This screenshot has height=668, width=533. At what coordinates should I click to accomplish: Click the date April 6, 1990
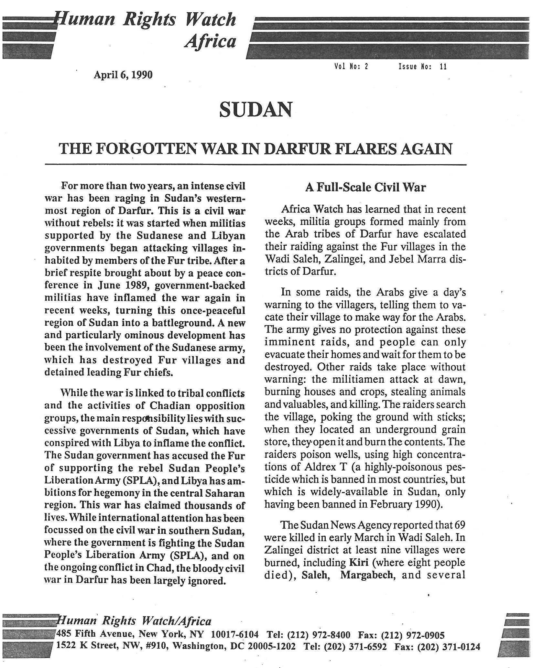(123, 75)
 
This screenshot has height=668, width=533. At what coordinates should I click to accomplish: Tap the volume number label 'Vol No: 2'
(352, 67)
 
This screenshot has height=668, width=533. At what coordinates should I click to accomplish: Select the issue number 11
(443, 67)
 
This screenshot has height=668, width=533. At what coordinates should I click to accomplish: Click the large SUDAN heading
(255, 110)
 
